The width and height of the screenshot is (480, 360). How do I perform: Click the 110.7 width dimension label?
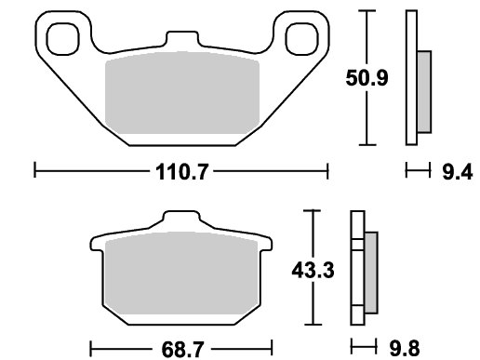point(181,172)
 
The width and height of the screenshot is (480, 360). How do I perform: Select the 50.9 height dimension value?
point(367,78)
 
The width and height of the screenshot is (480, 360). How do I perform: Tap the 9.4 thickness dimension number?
point(458,172)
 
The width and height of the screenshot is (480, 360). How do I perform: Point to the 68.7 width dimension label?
point(182,349)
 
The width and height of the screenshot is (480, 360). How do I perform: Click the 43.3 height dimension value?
point(313,271)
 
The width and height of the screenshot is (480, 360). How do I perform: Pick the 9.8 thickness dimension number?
point(405,348)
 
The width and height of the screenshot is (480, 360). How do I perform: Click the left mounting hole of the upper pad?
point(63,39)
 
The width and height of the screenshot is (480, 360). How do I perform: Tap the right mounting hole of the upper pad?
point(301,39)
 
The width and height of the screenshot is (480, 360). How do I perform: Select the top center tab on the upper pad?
point(182,38)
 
